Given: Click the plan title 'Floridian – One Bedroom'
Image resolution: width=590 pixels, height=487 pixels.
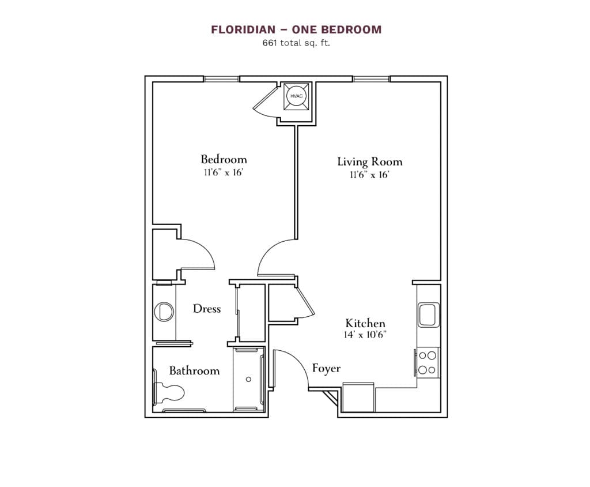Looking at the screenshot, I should (x=296, y=29).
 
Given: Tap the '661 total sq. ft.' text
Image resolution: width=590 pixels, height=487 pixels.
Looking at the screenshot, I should (x=296, y=43).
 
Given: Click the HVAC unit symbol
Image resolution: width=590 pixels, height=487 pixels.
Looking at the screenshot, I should (x=296, y=96).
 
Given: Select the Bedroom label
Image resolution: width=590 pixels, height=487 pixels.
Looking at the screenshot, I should (x=224, y=159).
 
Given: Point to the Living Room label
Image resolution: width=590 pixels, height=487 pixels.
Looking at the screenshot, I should (x=369, y=162).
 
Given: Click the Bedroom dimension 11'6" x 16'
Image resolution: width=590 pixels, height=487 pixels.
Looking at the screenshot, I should (x=224, y=173).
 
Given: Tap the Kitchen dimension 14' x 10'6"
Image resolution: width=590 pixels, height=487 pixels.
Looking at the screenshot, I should (x=365, y=334).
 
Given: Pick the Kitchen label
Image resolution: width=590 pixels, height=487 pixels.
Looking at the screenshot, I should (x=365, y=323).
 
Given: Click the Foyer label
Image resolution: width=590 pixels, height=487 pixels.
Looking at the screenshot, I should (x=326, y=368).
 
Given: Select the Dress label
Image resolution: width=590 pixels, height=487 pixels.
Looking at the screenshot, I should (x=207, y=309).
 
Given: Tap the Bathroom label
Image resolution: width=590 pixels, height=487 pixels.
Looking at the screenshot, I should (x=194, y=370).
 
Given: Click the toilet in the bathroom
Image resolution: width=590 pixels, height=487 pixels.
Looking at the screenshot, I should (x=169, y=394).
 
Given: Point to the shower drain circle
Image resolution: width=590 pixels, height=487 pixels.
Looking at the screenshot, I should (x=249, y=379).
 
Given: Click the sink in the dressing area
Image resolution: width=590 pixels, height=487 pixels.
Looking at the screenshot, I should (x=164, y=312).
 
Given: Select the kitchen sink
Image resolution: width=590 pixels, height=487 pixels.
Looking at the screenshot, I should (x=428, y=314).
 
